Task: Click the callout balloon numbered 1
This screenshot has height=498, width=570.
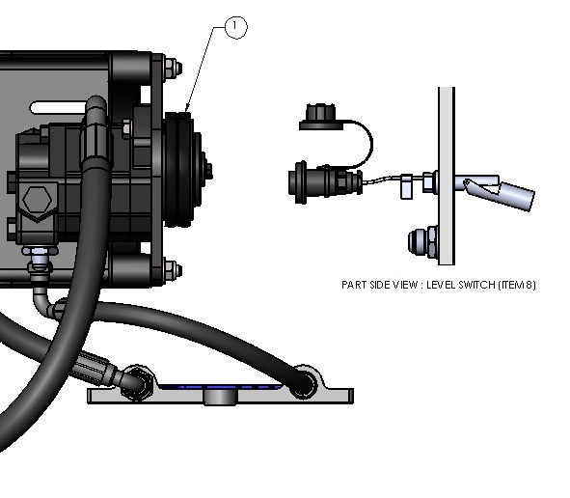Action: pos(236,27)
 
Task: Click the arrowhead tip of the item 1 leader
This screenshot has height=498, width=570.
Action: pos(186,112)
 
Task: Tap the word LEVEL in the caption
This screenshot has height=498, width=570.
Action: pos(441,285)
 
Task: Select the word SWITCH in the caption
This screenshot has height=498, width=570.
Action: pos(476,285)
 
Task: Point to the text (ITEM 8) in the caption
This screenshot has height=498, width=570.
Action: pos(517,285)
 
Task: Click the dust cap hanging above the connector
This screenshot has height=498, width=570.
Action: pos(320,117)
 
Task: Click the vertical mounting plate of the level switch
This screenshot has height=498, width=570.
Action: pos(447,176)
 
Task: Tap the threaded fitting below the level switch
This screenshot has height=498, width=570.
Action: pos(422,241)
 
